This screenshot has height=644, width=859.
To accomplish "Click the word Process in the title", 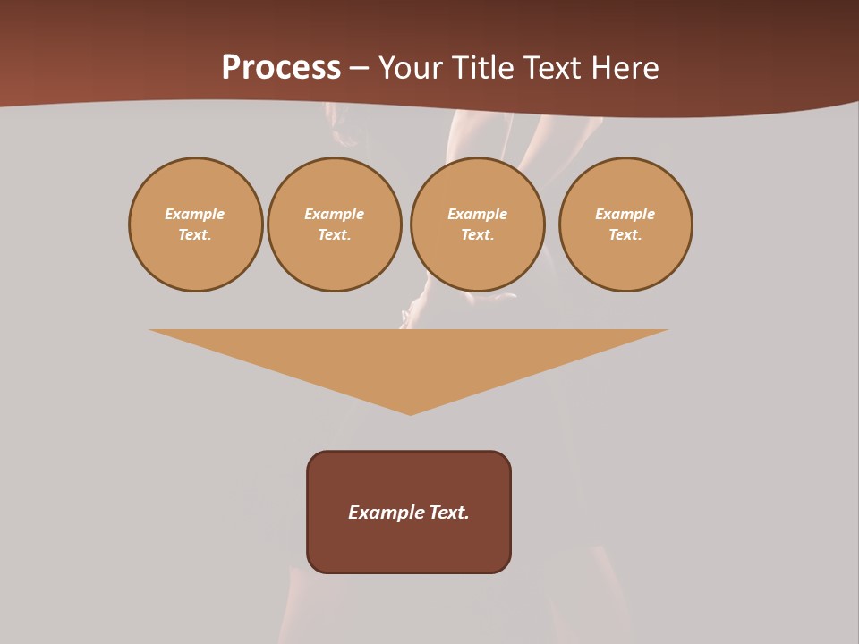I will pos(281,68).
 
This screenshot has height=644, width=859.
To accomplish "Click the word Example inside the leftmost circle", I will pos(195,214).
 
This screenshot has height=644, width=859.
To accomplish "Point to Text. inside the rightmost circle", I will pos(625,234).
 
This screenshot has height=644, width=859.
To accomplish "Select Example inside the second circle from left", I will pos(334,214).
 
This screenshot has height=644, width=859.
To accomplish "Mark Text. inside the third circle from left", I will pos(477,234).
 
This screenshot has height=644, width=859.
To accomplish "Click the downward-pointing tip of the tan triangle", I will pos(411,411).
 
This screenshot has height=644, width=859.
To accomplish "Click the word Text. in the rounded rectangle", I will pos(449,513).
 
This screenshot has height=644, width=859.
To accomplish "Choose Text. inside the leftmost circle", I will pos(195,234).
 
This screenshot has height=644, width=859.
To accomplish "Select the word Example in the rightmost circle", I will pos(625,214).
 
